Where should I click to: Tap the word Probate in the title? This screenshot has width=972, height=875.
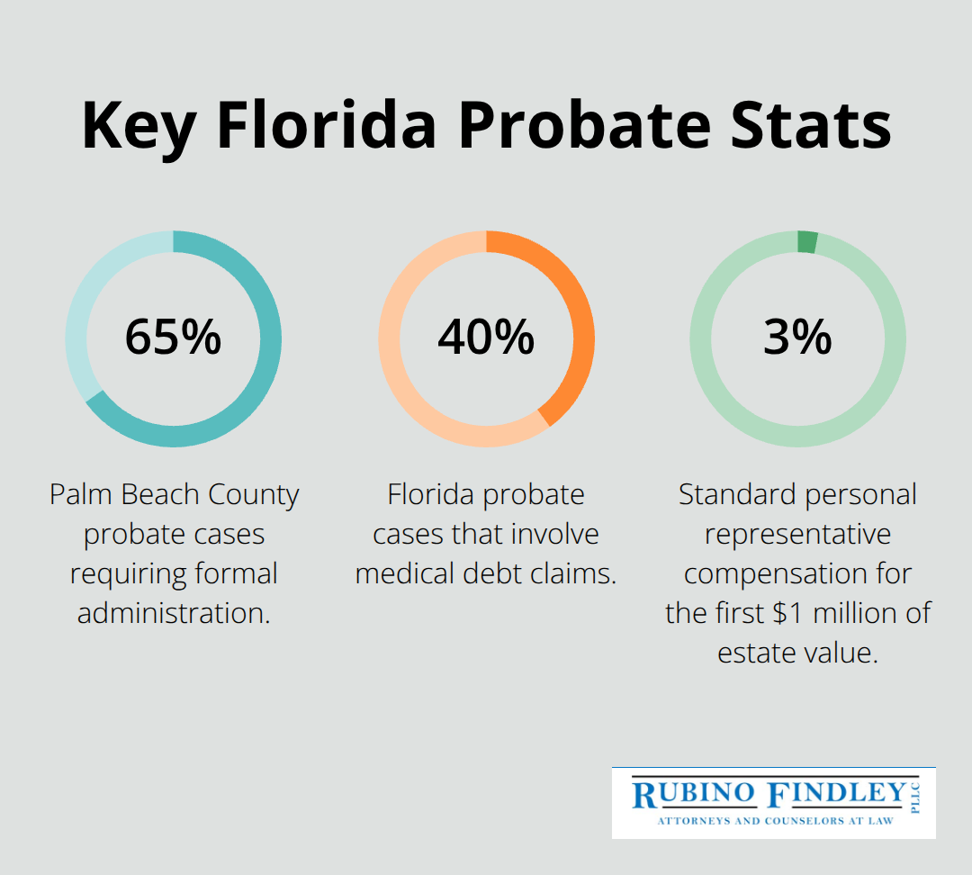click(x=576, y=125)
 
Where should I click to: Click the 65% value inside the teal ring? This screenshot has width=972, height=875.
click(x=173, y=338)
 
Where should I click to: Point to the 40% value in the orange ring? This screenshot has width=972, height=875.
click(x=486, y=338)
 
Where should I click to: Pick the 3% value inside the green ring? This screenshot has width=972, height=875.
click(x=797, y=338)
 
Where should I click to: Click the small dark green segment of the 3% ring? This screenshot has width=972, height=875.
click(x=807, y=242)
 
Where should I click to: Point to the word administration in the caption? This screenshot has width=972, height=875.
click(x=174, y=613)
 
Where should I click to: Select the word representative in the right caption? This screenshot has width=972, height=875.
click(x=797, y=534)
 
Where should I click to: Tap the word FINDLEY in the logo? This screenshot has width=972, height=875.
click(x=836, y=794)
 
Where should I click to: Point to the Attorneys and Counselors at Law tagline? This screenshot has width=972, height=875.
click(x=773, y=821)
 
